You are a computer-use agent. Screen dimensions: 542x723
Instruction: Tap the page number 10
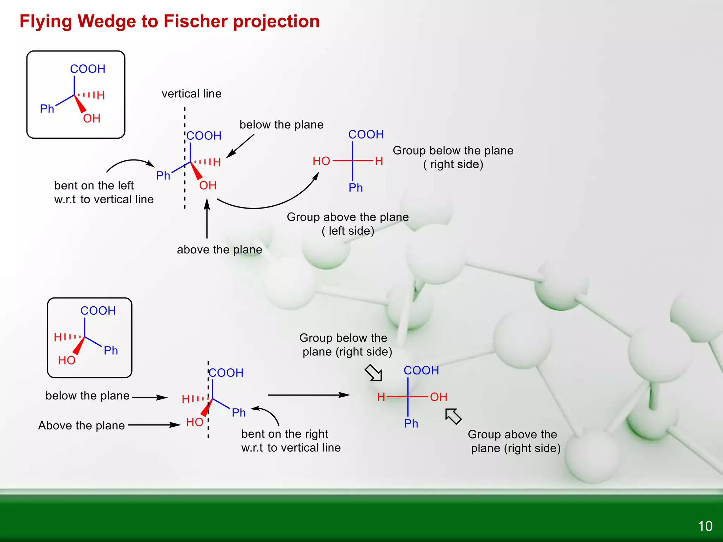click(x=705, y=526)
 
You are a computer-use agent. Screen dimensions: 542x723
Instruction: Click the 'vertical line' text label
click(x=191, y=94)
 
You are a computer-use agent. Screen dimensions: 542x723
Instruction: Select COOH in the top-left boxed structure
click(x=88, y=69)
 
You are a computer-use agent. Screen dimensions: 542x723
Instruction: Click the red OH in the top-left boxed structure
click(x=92, y=119)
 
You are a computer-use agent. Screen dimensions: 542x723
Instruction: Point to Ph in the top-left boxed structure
click(x=47, y=109)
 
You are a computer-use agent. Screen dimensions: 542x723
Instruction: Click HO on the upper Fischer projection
click(x=321, y=161)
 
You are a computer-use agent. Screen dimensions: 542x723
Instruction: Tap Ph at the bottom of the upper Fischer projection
click(x=355, y=188)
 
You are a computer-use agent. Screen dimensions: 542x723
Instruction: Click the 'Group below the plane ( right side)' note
click(x=453, y=157)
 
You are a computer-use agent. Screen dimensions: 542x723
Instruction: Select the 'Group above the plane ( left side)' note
click(x=348, y=224)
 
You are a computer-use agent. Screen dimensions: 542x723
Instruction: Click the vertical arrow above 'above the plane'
click(x=207, y=219)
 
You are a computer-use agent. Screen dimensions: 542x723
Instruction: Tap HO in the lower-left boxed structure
click(x=67, y=360)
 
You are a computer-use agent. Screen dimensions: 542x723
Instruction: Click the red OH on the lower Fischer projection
click(x=438, y=397)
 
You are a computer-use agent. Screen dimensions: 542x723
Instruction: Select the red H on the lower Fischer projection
click(x=381, y=397)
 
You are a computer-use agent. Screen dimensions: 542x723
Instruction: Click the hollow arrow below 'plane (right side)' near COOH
click(x=374, y=373)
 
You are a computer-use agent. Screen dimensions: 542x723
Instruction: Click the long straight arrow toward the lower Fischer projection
click(x=309, y=395)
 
